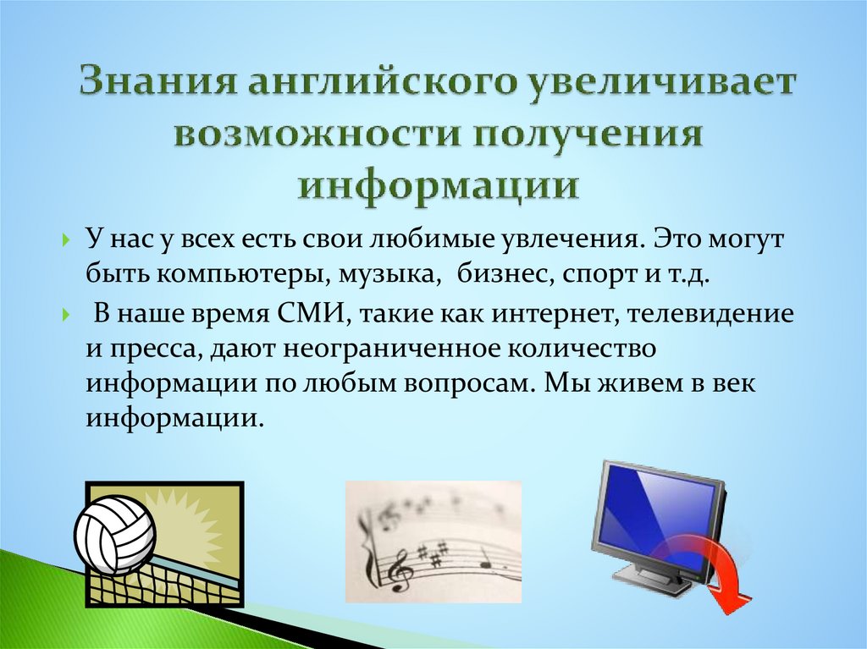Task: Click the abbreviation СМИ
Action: [x=305, y=316]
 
